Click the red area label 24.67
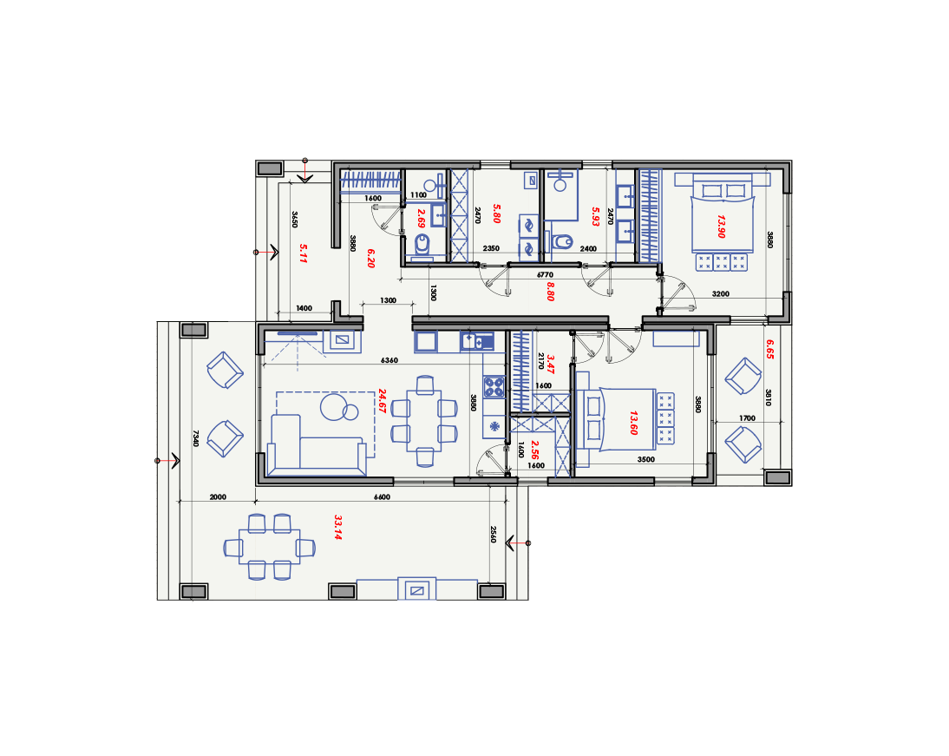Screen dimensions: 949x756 coord(382,401)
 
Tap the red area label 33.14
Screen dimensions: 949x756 coord(337,527)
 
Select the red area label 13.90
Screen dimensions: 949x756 coord(721,226)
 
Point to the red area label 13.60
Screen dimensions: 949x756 coord(633,423)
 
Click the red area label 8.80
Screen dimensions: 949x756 coord(550,292)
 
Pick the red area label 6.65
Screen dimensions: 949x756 coord(769,349)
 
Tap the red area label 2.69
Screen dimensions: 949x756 coord(422,218)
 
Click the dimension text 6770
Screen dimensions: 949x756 coord(546,275)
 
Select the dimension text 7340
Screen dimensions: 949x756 coord(195,438)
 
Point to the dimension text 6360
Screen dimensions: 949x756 coord(389,360)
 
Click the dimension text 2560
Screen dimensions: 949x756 coord(493,534)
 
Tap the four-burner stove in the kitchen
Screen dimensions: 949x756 coord(494,386)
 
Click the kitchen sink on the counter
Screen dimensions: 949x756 coord(477,342)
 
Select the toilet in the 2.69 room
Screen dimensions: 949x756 coord(422,246)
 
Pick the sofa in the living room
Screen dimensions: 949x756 coord(317,445)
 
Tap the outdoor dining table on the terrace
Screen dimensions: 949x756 coord(269,547)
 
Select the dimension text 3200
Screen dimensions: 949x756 coord(720,293)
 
